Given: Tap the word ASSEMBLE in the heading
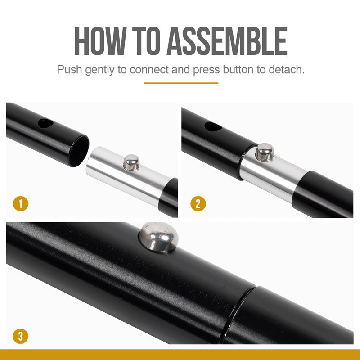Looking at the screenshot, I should [227, 41].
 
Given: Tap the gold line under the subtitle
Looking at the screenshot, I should [181, 83].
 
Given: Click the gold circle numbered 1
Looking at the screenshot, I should [21, 203].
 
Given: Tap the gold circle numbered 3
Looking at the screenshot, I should [21, 336].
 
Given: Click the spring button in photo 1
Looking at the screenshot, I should [131, 162].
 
